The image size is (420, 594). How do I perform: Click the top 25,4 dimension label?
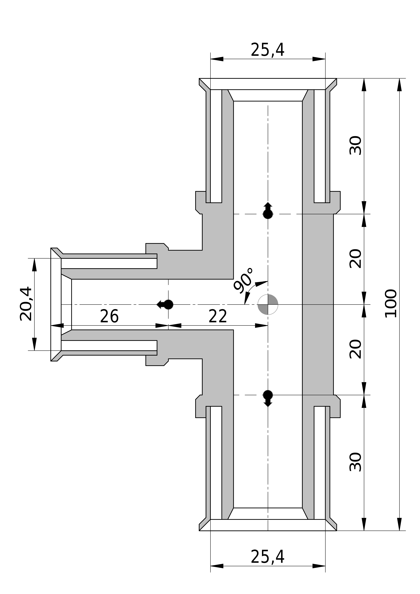[268, 50]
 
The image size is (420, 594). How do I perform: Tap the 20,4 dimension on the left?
[26, 304]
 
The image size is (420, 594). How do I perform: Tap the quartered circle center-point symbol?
[268, 304]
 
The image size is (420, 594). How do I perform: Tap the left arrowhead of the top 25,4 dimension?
[217, 59]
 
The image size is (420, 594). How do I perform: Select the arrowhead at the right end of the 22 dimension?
[261, 325]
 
